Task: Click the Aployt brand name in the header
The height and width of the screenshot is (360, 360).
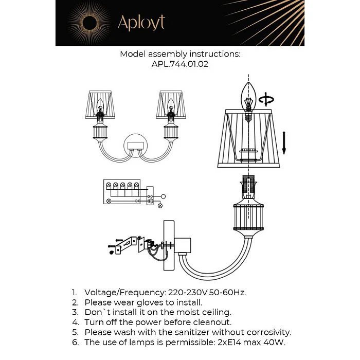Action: point(141,23)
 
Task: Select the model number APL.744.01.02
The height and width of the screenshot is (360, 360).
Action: point(180,64)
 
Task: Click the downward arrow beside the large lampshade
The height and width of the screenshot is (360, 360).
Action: point(283,142)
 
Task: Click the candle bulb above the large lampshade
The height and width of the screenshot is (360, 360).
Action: point(249,98)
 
